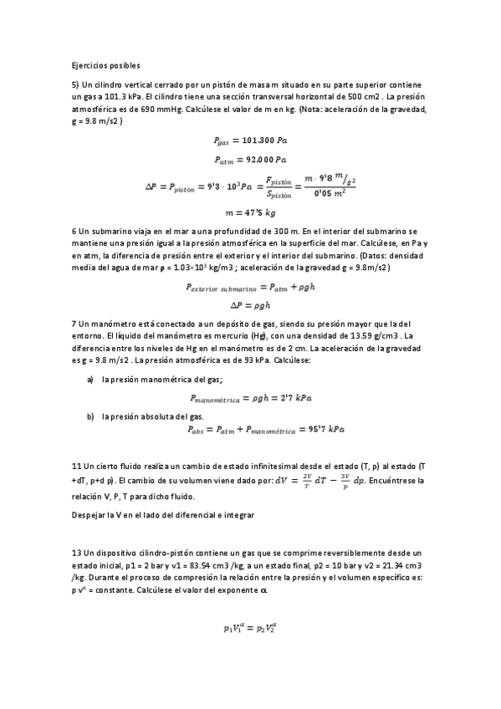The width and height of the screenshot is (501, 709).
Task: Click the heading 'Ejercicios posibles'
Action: (x=105, y=65)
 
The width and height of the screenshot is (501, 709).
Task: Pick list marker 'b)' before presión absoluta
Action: (x=90, y=415)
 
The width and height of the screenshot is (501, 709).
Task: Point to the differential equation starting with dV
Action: (x=334, y=480)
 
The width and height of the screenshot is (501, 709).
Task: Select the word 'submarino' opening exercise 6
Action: (x=113, y=231)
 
